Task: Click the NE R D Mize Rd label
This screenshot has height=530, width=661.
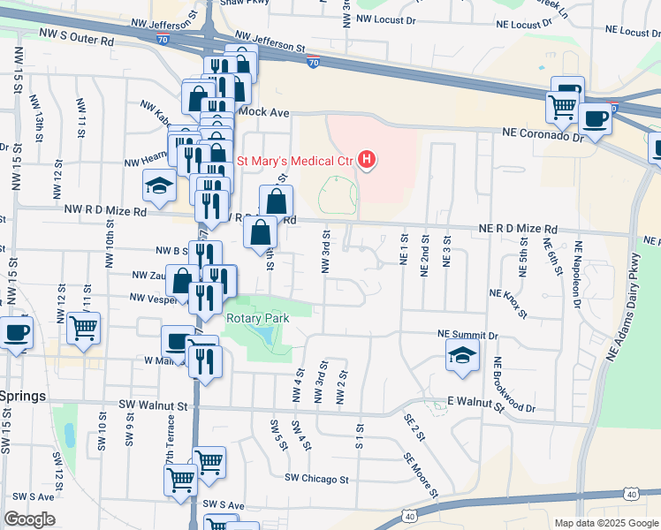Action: [x=519, y=228]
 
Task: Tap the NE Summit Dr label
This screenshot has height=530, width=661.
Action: [x=468, y=335]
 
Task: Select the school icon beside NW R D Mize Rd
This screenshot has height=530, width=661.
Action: [x=160, y=185]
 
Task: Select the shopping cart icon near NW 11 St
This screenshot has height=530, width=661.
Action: [x=83, y=328]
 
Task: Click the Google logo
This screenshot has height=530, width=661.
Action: [x=29, y=519]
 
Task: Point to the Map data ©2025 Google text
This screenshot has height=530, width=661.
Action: [x=606, y=523]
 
